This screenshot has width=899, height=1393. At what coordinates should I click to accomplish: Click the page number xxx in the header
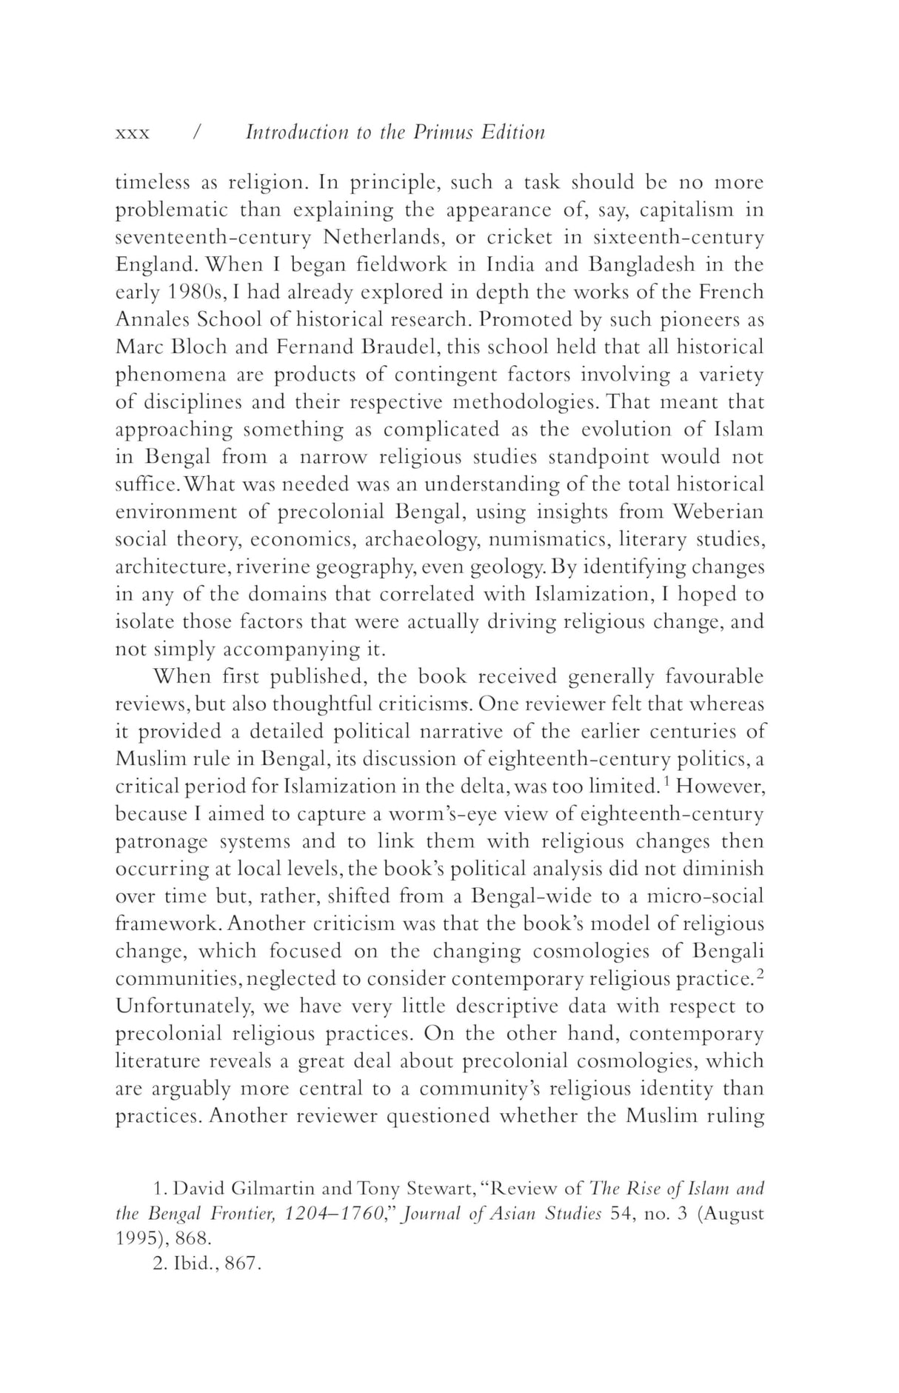[133, 133]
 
